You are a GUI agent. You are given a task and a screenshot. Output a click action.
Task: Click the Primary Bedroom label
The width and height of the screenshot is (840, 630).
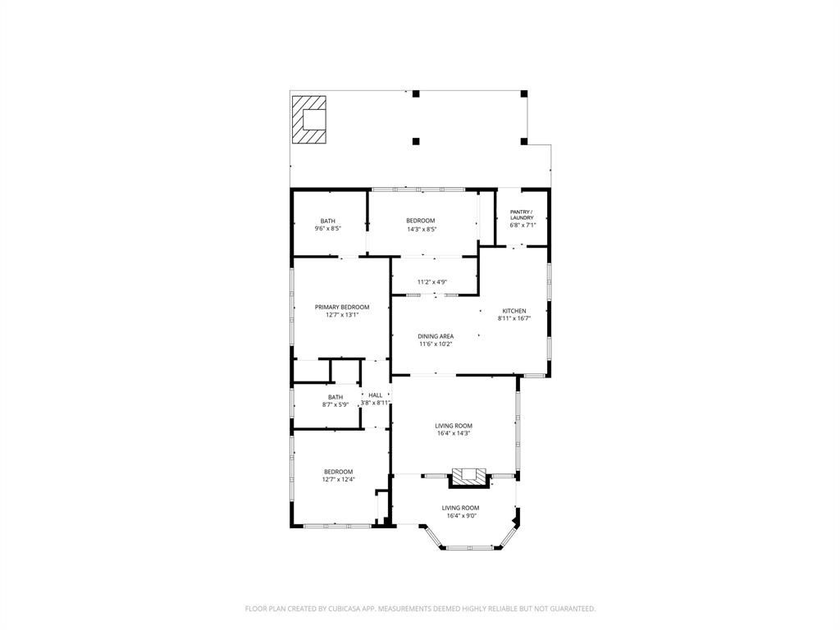click(x=342, y=307)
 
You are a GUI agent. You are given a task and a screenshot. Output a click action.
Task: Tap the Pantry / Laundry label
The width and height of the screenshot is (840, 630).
click(x=522, y=215)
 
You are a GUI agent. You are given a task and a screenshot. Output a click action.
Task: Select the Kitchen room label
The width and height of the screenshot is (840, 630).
click(x=514, y=311)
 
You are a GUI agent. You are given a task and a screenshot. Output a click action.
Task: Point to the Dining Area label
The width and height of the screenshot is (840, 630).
click(x=436, y=336)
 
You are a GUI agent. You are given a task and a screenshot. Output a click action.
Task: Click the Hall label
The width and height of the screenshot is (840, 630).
click(x=375, y=395)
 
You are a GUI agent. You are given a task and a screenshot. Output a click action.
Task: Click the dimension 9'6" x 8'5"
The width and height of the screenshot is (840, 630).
click(x=327, y=229)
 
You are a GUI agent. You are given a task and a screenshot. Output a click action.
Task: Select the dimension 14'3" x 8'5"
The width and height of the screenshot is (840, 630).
click(x=421, y=229)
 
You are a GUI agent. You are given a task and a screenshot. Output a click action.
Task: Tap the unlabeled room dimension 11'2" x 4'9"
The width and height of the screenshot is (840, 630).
click(x=431, y=282)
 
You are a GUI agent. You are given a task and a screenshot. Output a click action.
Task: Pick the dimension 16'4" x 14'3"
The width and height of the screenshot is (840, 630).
click(x=453, y=433)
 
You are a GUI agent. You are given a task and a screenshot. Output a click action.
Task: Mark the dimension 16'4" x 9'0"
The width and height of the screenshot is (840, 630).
click(x=460, y=516)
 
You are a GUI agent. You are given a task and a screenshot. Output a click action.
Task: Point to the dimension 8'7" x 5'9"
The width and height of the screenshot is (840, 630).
click(x=336, y=404)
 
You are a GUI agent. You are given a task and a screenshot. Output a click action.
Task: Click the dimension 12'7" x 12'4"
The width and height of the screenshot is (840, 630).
click(x=338, y=479)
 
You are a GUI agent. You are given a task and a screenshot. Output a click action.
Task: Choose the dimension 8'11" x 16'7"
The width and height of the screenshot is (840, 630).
click(x=514, y=318)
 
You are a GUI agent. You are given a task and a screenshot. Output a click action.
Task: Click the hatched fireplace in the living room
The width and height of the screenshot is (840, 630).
click(x=468, y=474)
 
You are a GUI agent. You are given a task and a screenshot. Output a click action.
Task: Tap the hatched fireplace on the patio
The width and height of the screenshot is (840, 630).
click(x=310, y=120)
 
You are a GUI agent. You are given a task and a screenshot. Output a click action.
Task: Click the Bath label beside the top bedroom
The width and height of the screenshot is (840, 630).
click(x=327, y=221)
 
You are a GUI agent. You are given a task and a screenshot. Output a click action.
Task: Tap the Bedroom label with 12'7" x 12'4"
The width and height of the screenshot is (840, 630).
click(x=338, y=472)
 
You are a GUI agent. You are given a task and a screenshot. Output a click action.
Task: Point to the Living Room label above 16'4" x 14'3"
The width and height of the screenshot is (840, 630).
click(x=453, y=426)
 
